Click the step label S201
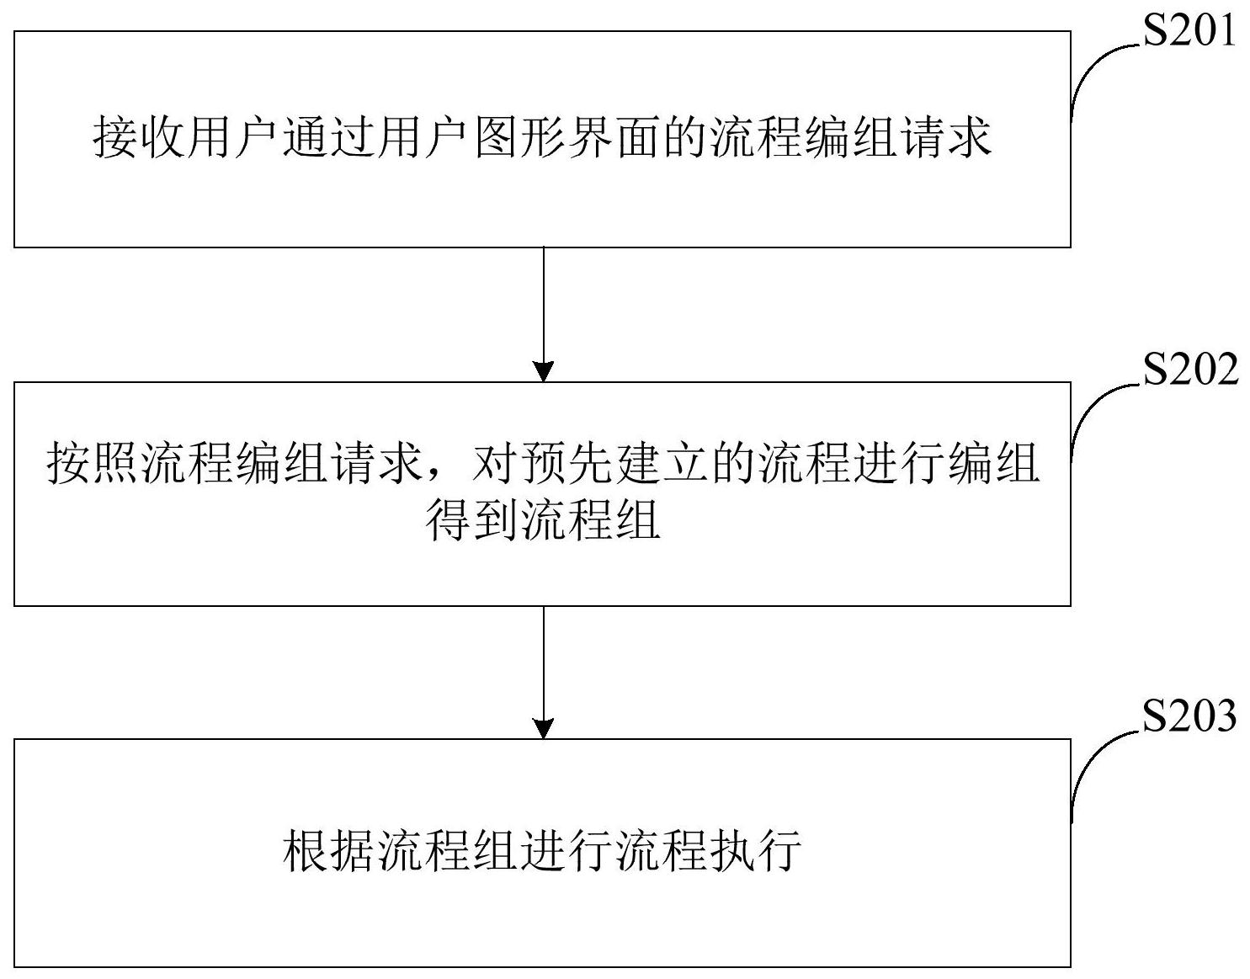coord(1189,32)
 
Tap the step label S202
coord(1189,370)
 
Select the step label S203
coord(1189,717)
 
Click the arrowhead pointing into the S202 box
coord(544,371)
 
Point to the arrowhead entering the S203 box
coord(544,728)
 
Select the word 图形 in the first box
coord(520,138)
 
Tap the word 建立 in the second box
coord(663,463)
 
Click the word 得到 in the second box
coord(471,520)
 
